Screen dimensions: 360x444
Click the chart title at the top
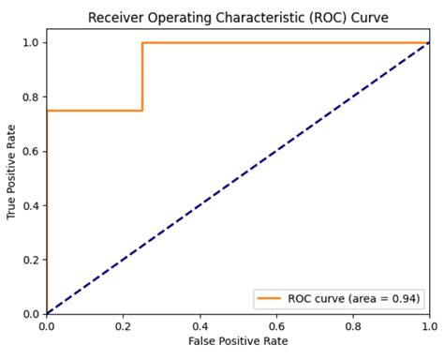pyautogui.click(x=238, y=18)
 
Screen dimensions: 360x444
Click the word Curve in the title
pyautogui.click(x=369, y=18)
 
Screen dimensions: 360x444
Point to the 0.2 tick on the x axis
pyautogui.click(x=123, y=325)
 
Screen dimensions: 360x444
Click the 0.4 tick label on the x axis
pyautogui.click(x=200, y=325)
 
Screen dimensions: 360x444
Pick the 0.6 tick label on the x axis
pyautogui.click(x=276, y=325)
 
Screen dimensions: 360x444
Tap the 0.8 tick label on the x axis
pyautogui.click(x=353, y=325)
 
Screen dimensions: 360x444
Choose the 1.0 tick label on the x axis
pyautogui.click(x=428, y=325)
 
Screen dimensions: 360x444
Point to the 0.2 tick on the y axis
pyautogui.click(x=31, y=260)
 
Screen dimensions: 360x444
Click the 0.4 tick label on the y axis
pyautogui.click(x=31, y=205)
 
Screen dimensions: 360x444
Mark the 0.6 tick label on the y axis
pyautogui.click(x=31, y=151)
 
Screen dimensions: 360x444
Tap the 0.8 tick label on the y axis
pyautogui.click(x=31, y=97)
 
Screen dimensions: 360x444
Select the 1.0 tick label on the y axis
pyautogui.click(x=31, y=42)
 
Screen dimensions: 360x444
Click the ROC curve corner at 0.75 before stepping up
pyautogui.click(x=142, y=111)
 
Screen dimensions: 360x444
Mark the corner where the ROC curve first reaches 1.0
pyautogui.click(x=142, y=42)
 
